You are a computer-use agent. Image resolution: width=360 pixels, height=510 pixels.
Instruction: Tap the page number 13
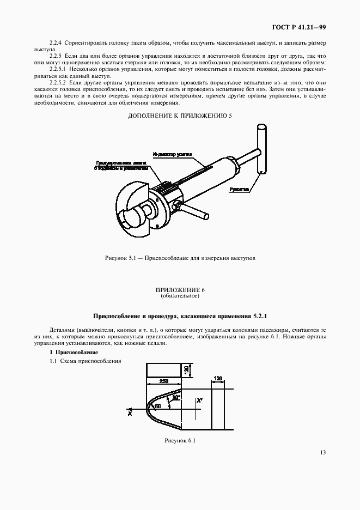[322, 451]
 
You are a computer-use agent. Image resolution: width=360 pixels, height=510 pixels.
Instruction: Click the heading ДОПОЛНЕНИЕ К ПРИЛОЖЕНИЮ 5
[180, 116]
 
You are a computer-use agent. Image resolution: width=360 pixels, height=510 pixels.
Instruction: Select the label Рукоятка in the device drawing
[239, 190]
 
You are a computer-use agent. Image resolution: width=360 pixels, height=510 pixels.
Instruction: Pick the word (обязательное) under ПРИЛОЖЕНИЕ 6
[180, 297]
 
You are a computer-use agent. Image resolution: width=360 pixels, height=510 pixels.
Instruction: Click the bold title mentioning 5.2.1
[180, 315]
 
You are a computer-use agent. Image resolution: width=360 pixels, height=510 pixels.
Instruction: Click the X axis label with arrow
[130, 413]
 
